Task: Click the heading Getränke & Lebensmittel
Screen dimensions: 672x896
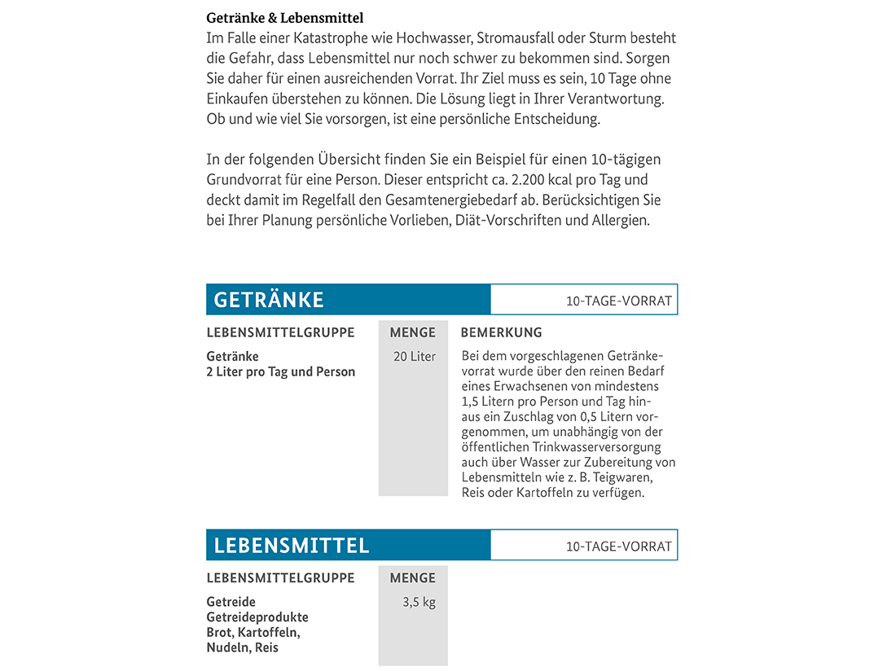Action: click(x=285, y=17)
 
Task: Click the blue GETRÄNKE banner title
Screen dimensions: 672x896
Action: click(x=269, y=300)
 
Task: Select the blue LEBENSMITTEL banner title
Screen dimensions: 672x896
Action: click(x=291, y=545)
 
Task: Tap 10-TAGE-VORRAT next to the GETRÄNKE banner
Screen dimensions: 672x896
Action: click(x=619, y=301)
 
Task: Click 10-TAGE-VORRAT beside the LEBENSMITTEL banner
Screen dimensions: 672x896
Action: click(x=619, y=546)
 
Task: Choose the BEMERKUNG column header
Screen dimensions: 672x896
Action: click(x=501, y=332)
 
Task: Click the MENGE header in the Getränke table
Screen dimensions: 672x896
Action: click(x=413, y=332)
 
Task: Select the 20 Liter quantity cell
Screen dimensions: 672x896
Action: click(x=415, y=357)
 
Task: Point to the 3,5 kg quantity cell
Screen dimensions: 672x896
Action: click(x=419, y=604)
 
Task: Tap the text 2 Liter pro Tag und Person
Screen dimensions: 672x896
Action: click(x=281, y=372)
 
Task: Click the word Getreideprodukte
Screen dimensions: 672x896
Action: click(x=257, y=617)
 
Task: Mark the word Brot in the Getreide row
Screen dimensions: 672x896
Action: click(x=220, y=633)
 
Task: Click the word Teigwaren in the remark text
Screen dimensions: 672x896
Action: click(x=624, y=477)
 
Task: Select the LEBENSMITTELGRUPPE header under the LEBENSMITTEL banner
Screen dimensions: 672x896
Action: click(x=280, y=578)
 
